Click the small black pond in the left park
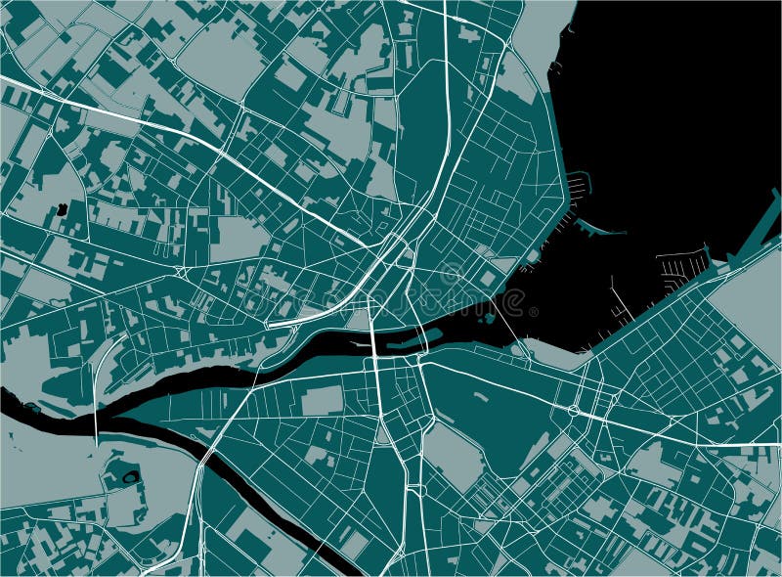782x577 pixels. click(63, 208)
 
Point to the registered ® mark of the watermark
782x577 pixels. click(533, 312)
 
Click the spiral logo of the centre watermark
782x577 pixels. click(451, 275)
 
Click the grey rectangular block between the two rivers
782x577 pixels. click(322, 401)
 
